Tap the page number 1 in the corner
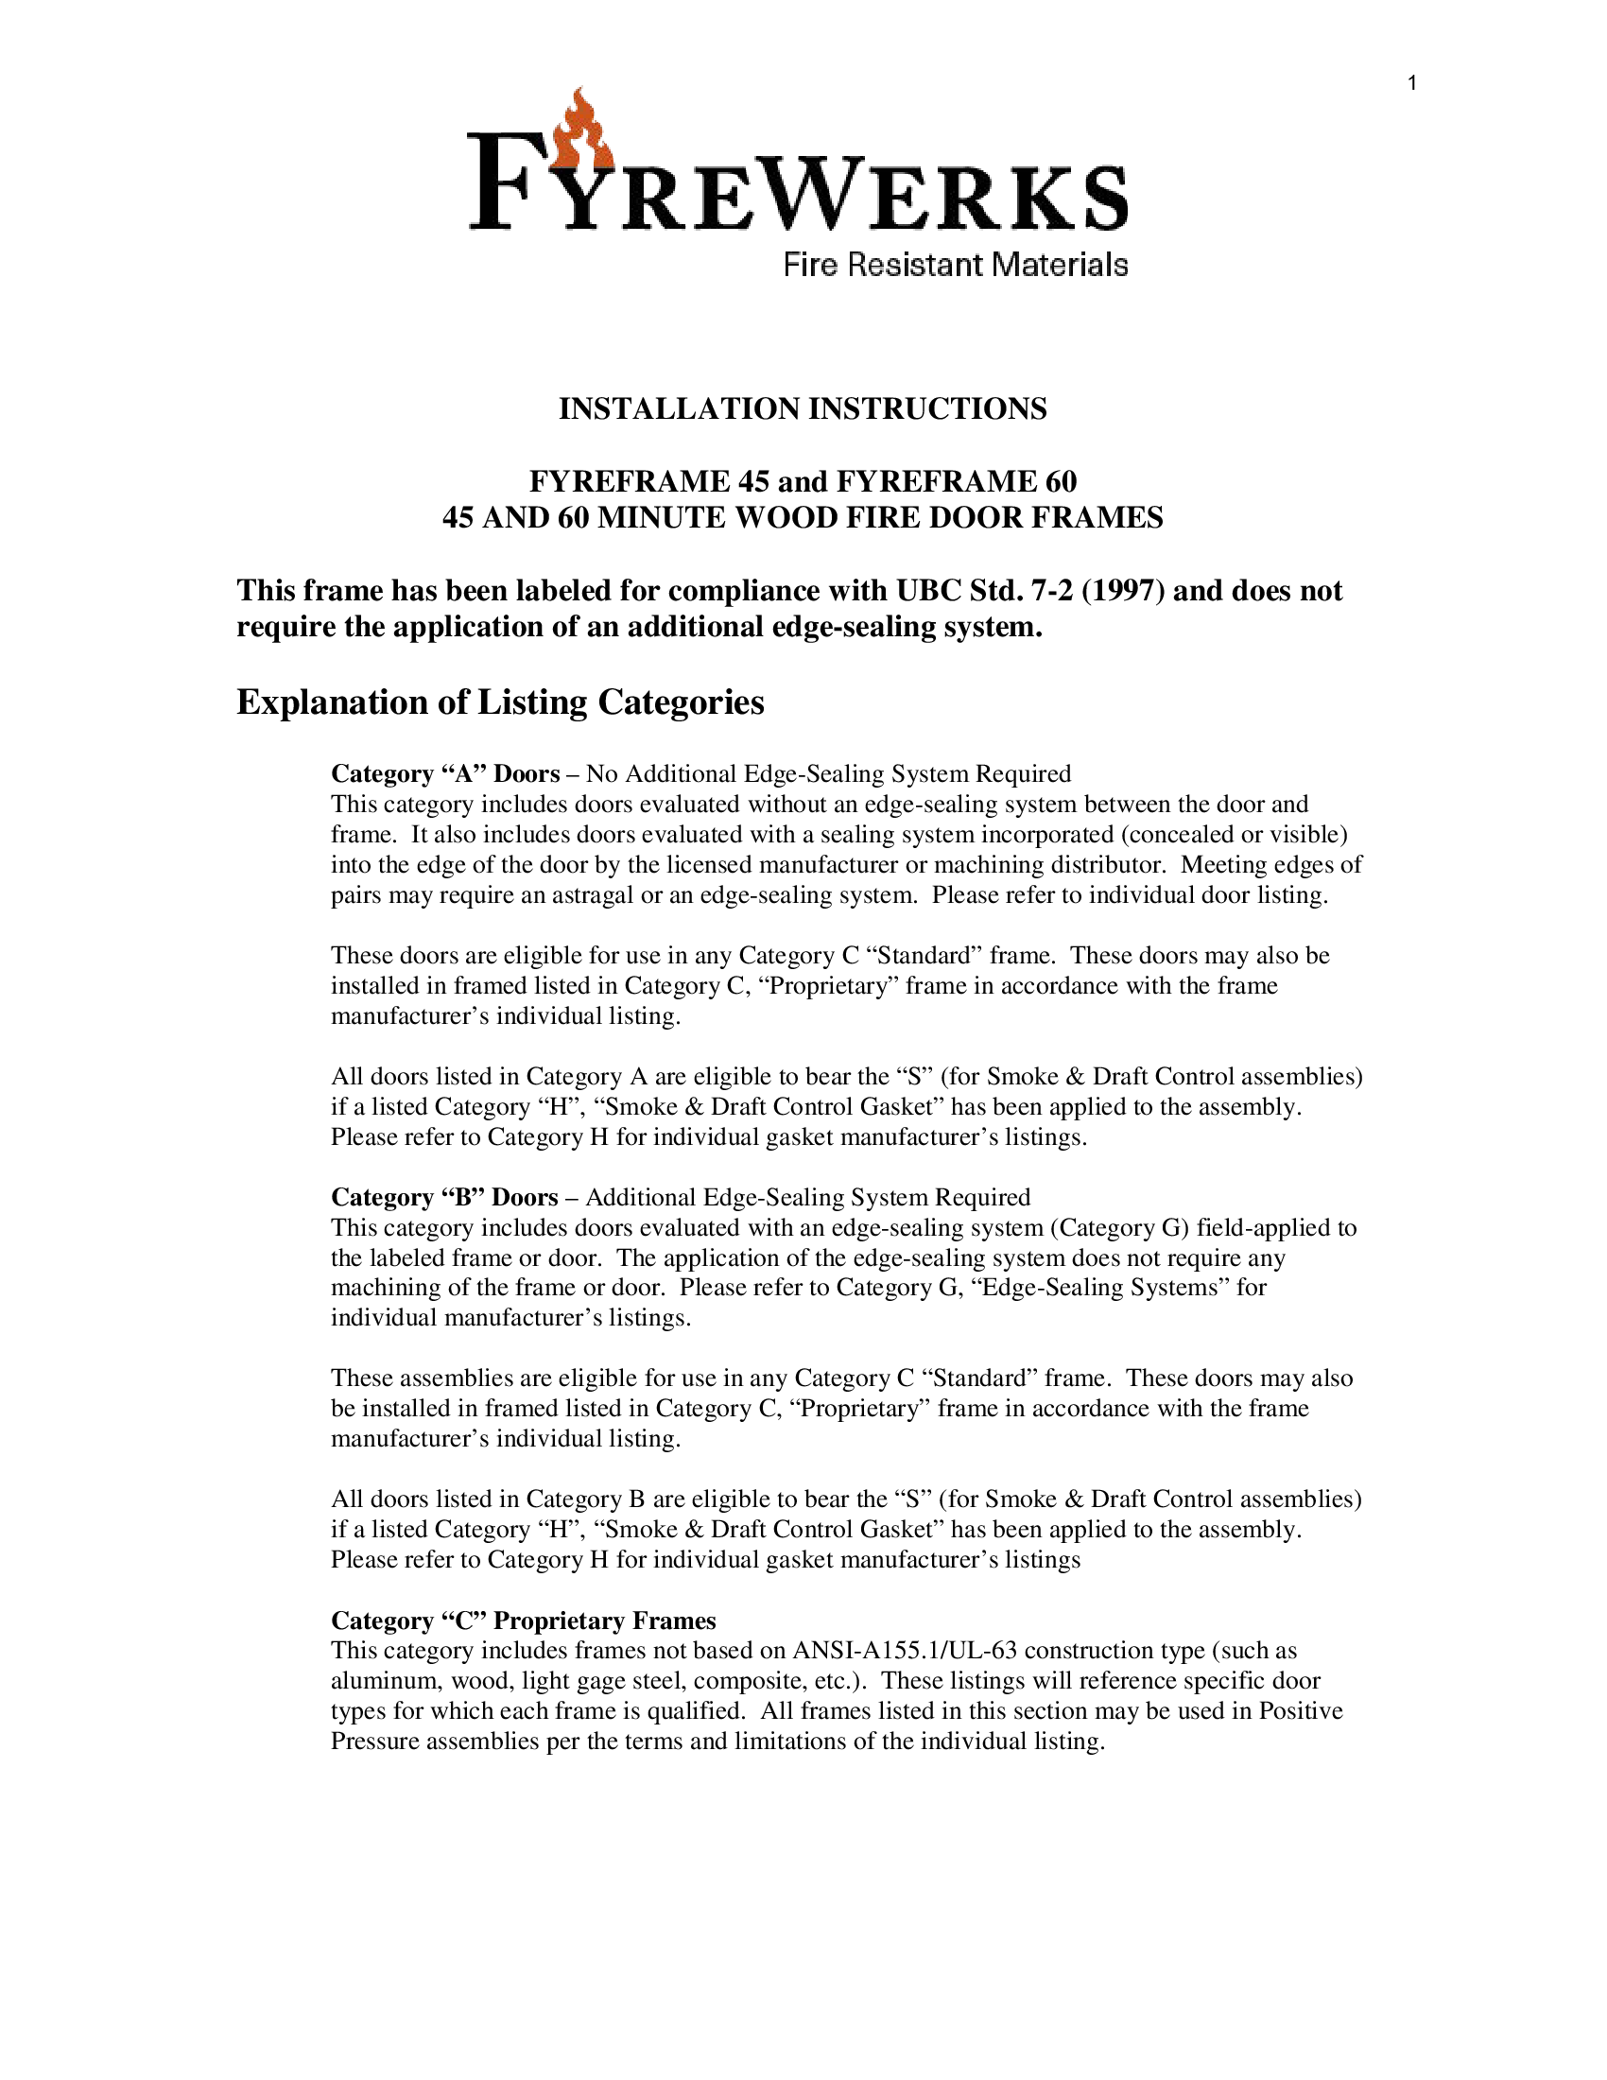(1413, 84)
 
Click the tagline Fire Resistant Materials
(955, 265)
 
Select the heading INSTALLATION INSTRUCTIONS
(803, 408)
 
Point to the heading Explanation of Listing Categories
(500, 702)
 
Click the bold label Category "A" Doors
(444, 773)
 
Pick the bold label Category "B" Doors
(444, 1197)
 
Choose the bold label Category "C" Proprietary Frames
(523, 1620)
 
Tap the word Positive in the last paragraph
(1301, 1711)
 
